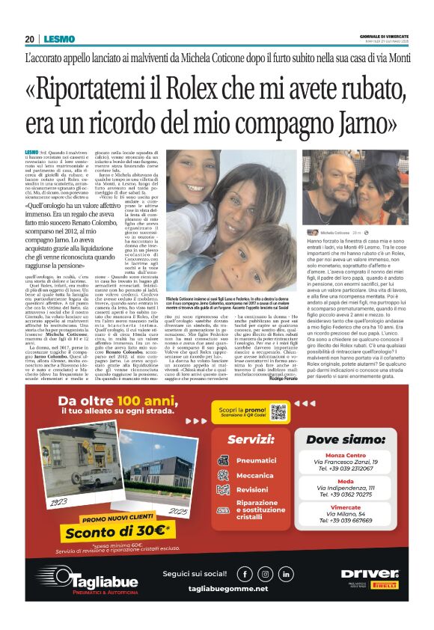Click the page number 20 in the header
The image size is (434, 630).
pyautogui.click(x=29, y=39)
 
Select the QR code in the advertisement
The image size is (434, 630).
pyautogui.click(x=279, y=412)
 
